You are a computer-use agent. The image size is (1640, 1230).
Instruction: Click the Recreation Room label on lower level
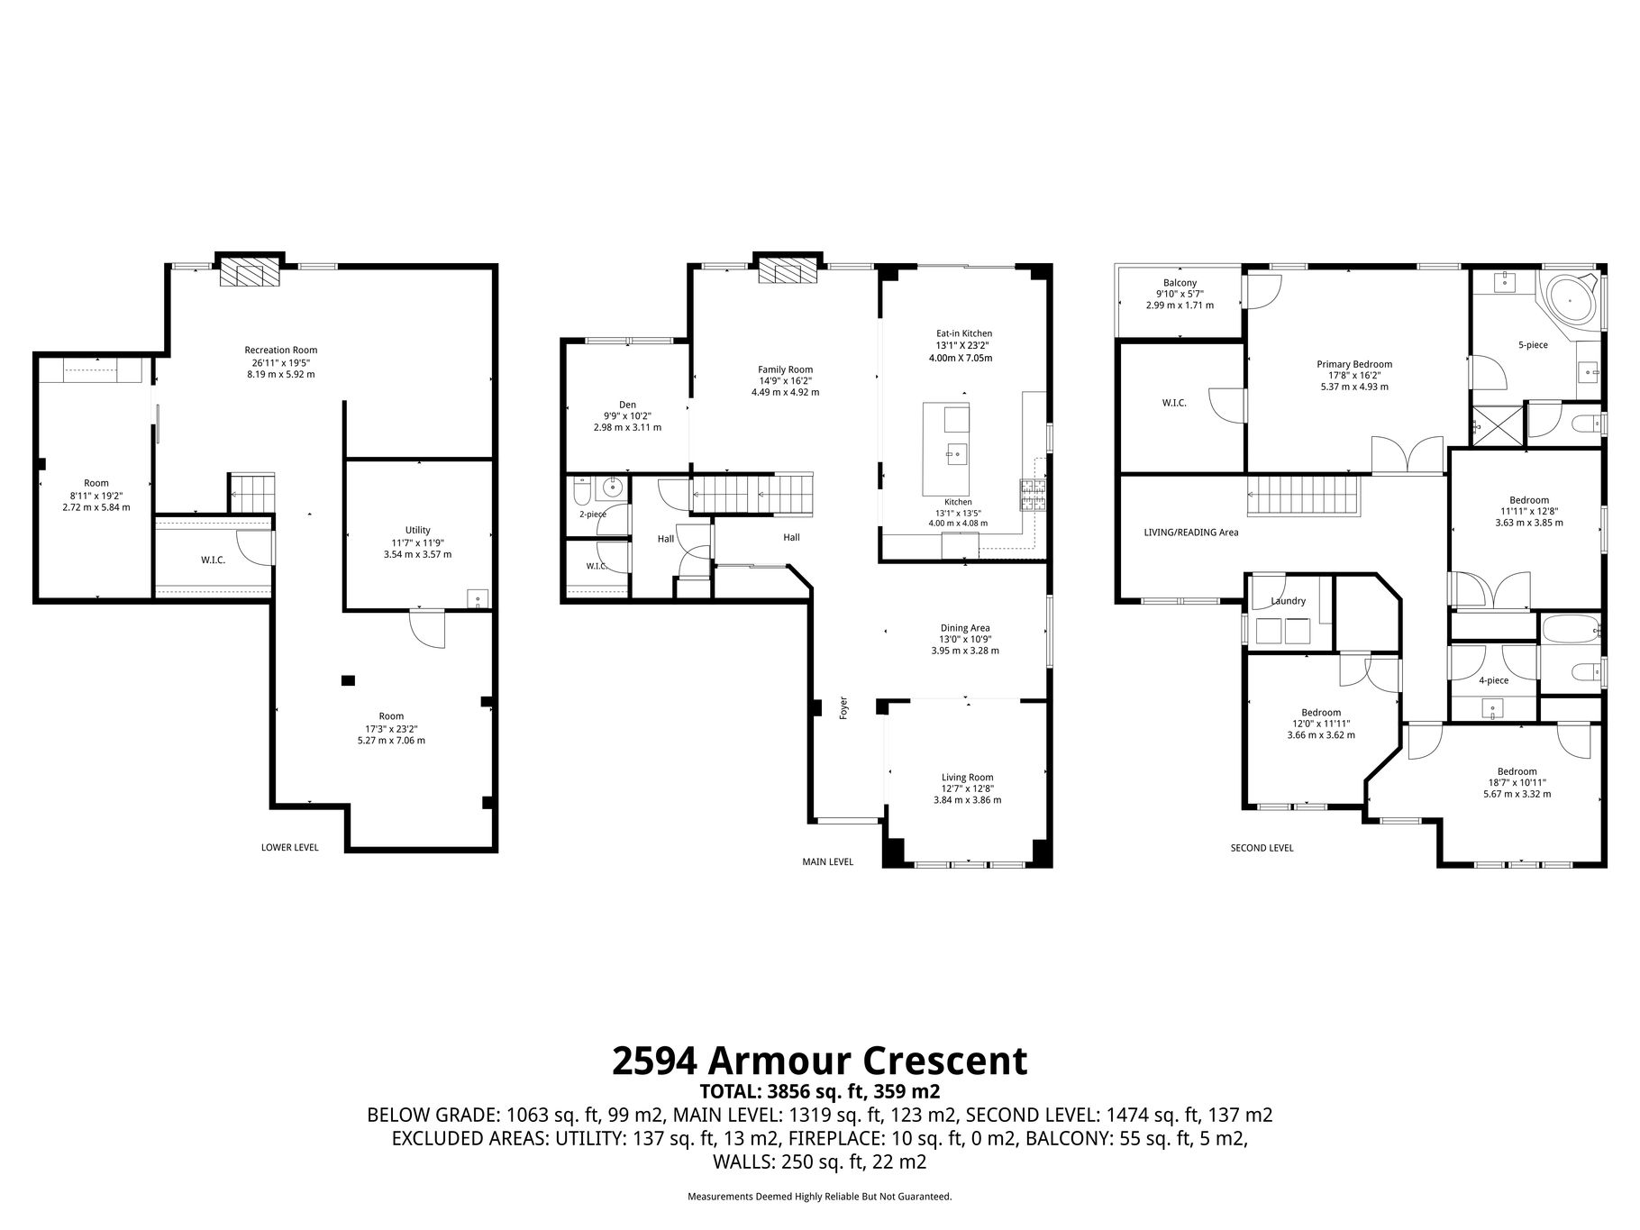click(281, 351)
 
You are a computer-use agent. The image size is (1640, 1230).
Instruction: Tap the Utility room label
click(417, 530)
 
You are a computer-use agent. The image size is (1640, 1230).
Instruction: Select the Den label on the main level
click(627, 404)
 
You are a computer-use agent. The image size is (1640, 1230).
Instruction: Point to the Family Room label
click(785, 369)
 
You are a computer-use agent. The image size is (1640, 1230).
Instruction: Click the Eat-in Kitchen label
click(963, 333)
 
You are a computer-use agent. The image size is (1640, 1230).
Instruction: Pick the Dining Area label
click(965, 628)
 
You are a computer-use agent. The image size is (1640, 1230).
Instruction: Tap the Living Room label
click(967, 777)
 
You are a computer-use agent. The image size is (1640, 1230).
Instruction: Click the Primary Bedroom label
click(1353, 364)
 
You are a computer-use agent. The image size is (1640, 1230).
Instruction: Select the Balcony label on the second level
click(1180, 283)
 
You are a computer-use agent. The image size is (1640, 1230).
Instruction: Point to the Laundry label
click(1288, 601)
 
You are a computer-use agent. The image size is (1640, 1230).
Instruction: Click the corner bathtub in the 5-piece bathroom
click(1572, 302)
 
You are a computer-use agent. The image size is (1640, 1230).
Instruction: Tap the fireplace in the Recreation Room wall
click(251, 271)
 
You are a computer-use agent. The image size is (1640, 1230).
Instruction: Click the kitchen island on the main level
click(946, 449)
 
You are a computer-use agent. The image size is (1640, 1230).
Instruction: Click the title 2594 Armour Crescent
click(819, 1061)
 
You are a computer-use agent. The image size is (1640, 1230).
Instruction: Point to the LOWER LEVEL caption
click(289, 847)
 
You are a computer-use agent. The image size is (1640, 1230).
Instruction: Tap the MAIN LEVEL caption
click(827, 861)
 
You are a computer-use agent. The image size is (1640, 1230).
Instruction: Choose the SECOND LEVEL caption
click(1262, 848)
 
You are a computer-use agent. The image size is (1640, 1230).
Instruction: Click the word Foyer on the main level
click(844, 706)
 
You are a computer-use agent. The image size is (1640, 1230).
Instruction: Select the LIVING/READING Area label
click(1191, 533)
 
